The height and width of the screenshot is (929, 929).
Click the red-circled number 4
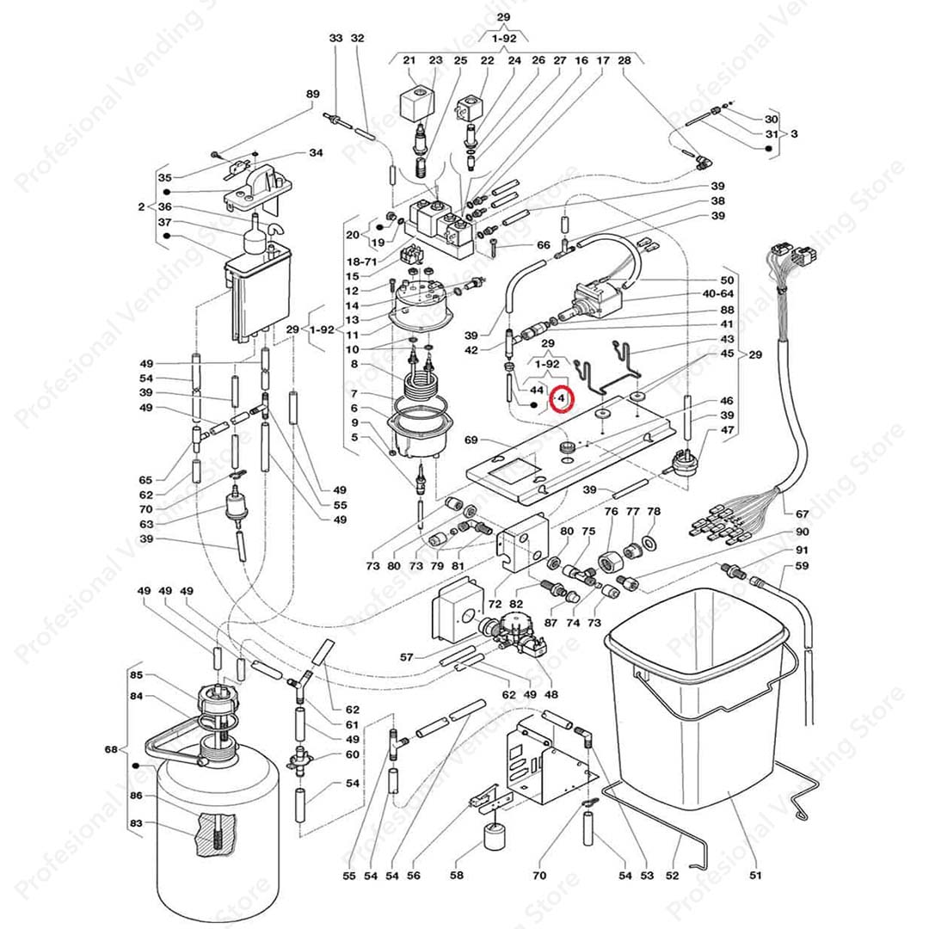pos(561,399)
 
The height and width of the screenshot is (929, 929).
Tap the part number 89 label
pos(312,94)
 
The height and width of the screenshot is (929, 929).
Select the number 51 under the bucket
pos(755,877)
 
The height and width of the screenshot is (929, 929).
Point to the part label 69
pos(471,440)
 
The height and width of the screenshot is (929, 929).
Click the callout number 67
pos(803,514)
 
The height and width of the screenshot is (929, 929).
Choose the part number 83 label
pos(135,823)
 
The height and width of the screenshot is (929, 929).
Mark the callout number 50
pos(728,280)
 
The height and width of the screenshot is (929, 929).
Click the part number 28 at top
pos(625,60)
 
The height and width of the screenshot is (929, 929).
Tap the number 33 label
pos(335,38)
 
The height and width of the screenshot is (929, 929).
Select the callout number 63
pos(146,524)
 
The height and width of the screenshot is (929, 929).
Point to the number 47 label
pos(728,430)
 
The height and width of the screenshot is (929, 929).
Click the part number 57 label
pos(407,657)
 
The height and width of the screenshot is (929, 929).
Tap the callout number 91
pos(802,550)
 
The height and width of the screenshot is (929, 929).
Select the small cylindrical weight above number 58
pos(495,835)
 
